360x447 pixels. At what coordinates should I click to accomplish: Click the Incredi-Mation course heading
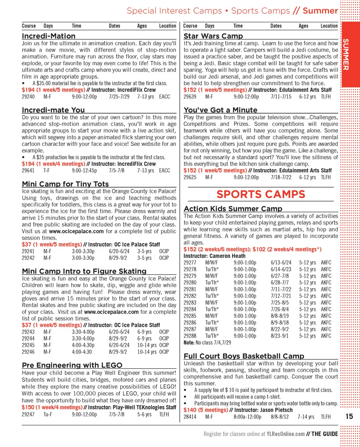coord(49,36)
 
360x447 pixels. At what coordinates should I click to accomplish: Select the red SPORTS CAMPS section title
coord(261,194)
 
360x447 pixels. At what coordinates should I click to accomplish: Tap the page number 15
coord(349,416)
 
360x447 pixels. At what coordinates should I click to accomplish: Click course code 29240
coord(28,97)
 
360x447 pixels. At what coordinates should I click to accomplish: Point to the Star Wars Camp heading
coord(213,36)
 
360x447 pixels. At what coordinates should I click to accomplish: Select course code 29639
coord(190,97)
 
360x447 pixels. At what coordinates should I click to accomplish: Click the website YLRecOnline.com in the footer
coord(285,434)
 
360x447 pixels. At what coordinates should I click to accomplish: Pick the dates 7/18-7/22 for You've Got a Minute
coord(281,177)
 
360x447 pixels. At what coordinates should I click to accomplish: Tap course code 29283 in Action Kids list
coord(190,303)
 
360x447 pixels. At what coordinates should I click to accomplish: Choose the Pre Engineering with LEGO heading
coord(72,365)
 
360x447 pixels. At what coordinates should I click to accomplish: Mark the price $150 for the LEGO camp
coord(28,407)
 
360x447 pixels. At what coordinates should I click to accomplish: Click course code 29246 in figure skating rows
coord(28,352)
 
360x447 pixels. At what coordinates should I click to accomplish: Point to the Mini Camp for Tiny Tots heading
coord(65,184)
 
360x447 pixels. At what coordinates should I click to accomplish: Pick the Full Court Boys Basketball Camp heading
coord(244,356)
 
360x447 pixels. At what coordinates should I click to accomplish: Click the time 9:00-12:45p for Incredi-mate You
coord(84,170)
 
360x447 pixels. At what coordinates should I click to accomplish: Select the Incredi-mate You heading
coord(53,110)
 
